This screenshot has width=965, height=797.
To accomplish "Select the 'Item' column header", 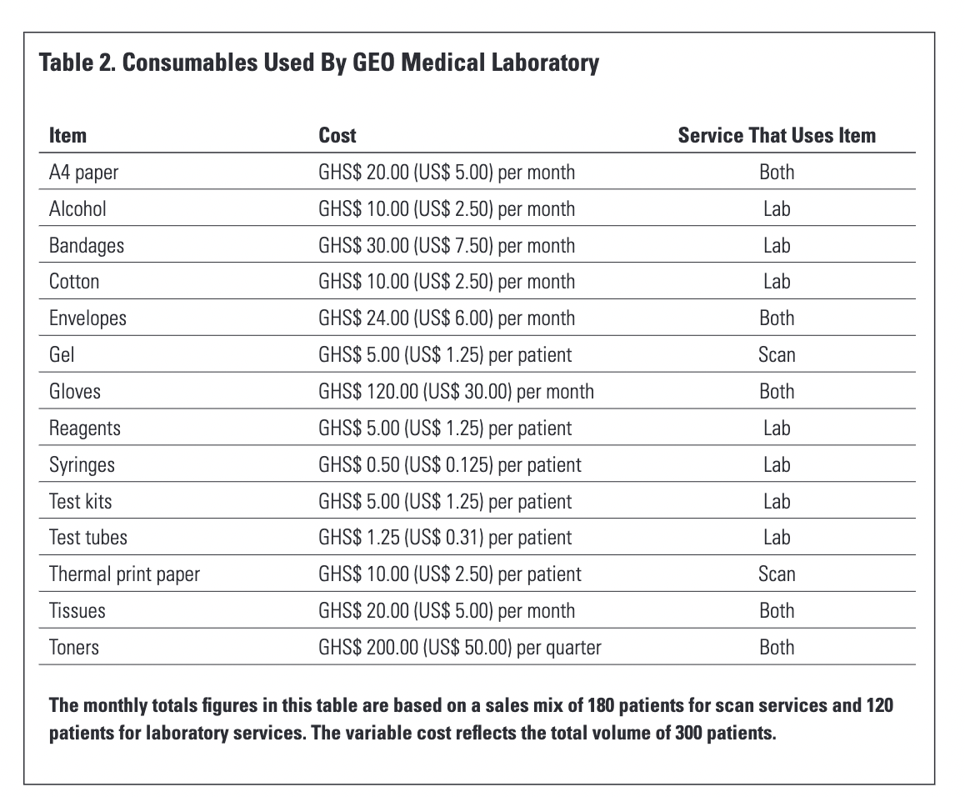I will (67, 135).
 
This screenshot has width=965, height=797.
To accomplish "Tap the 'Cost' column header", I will (337, 135).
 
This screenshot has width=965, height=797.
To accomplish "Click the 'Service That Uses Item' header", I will (777, 135).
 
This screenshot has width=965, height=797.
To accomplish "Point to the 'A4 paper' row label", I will (84, 173).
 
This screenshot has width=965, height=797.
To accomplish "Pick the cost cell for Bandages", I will (447, 245).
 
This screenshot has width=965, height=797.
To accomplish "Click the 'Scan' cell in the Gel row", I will (777, 355).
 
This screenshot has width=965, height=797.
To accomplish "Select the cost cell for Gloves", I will (456, 391).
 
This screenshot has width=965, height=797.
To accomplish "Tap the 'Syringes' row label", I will (82, 464).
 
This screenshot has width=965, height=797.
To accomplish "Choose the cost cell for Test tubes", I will (445, 537).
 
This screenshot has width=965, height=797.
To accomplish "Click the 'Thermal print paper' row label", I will (124, 574).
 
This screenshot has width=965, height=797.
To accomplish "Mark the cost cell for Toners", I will (459, 647).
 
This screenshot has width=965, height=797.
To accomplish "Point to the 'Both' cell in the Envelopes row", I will (777, 318).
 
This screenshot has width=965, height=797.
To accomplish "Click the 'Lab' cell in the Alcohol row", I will (777, 208).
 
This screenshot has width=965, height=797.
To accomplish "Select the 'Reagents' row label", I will (84, 428).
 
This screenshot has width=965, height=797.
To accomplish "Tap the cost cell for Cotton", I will (447, 282).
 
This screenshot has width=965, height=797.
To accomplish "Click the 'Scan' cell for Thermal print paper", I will (777, 574).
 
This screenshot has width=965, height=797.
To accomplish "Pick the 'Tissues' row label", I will (77, 610).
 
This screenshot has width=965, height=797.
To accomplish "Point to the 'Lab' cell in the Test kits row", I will (777, 501).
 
